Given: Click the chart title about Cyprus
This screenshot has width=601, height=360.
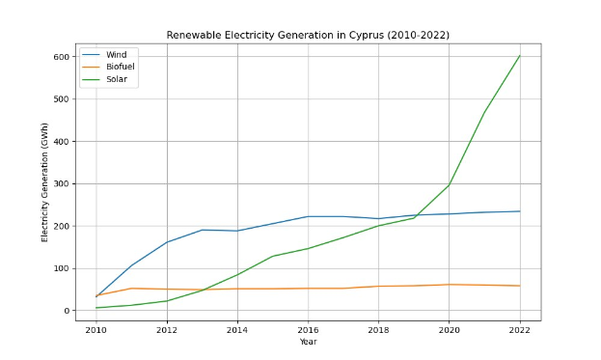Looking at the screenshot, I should tap(308, 36).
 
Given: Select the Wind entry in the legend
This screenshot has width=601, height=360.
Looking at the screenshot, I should tap(116, 55).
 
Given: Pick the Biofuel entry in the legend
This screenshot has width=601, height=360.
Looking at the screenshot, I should tap(120, 68).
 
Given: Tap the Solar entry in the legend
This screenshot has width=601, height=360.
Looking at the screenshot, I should tap(117, 79).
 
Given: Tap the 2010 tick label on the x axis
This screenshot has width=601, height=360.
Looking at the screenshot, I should tap(96, 330).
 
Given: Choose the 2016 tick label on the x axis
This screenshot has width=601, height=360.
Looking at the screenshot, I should tap(308, 330).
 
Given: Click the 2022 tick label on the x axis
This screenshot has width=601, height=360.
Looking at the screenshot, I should tap(520, 330).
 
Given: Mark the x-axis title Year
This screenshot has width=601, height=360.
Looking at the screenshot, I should tap(308, 342).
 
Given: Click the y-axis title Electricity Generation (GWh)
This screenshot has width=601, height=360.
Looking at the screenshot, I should tap(44, 182).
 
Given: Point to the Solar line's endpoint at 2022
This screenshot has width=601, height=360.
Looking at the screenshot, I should tap(520, 55).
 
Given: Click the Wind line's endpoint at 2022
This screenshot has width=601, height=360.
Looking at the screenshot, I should tap(520, 211).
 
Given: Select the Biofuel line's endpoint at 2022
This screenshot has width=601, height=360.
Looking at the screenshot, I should tap(520, 286).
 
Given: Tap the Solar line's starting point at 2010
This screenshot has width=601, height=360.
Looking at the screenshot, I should tap(96, 308).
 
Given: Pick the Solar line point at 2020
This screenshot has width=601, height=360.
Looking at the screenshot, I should tap(450, 184).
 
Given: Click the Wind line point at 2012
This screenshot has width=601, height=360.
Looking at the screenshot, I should tap(167, 242).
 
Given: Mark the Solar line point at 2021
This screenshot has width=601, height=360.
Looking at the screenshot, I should tap(484, 113).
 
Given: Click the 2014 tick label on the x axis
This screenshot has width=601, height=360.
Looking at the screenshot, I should tap(237, 330).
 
